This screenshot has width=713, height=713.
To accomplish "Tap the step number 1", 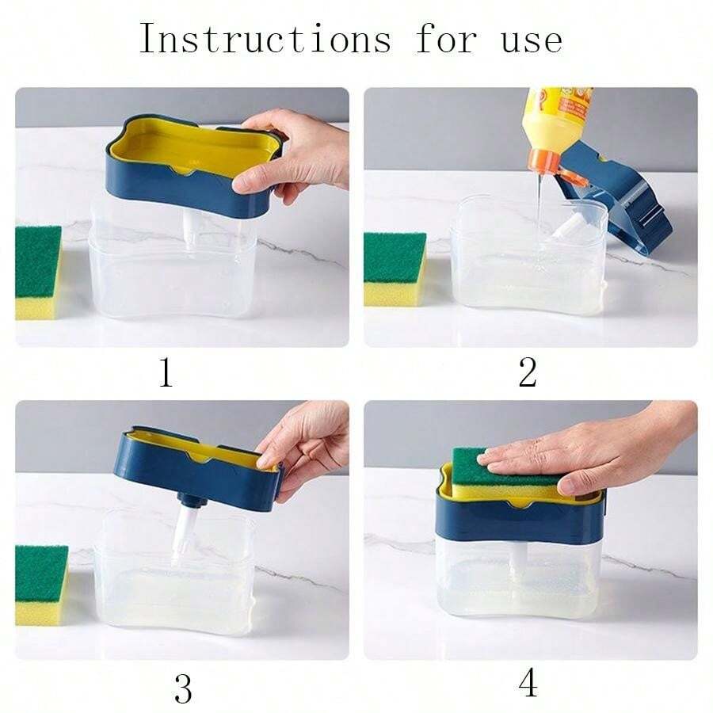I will coord(166,372).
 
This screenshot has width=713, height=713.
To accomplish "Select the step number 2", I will coord(528,372).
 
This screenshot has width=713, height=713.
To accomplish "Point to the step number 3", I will coord(182,688).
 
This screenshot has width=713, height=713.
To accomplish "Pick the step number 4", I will coord(528,684).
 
